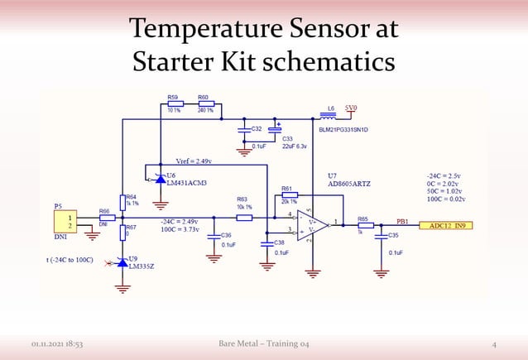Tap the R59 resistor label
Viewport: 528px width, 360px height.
(x=173, y=97)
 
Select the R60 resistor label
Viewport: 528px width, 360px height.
(x=204, y=97)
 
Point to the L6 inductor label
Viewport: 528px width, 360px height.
(x=331, y=108)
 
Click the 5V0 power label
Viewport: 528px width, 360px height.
(x=352, y=108)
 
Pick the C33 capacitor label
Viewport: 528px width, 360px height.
(x=288, y=138)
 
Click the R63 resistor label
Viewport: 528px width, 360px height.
(x=242, y=199)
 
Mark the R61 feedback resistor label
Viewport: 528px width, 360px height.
(x=287, y=189)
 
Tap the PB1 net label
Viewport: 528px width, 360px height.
(x=403, y=222)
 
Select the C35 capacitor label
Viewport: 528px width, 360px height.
(x=393, y=235)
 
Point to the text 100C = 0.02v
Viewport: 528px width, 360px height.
(x=446, y=199)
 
